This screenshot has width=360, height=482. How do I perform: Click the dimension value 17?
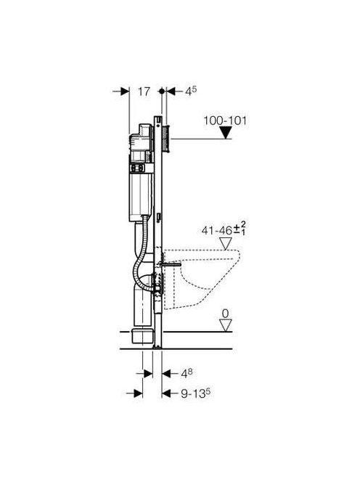pos(144,91)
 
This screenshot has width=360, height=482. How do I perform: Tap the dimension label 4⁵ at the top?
pos(191,91)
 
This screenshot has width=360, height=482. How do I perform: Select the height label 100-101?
pos(225,120)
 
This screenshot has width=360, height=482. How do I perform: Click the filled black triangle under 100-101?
pos(226,134)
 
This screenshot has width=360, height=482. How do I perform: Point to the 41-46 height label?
pos(217,231)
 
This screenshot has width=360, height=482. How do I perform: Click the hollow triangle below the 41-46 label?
pos(226,243)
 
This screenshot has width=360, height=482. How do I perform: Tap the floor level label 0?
pos(225,314)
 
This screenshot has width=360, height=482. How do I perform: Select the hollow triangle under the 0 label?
pos(226,326)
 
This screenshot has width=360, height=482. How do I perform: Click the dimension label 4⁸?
pos(187,374)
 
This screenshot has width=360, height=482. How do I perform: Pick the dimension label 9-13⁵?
pos(195,393)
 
